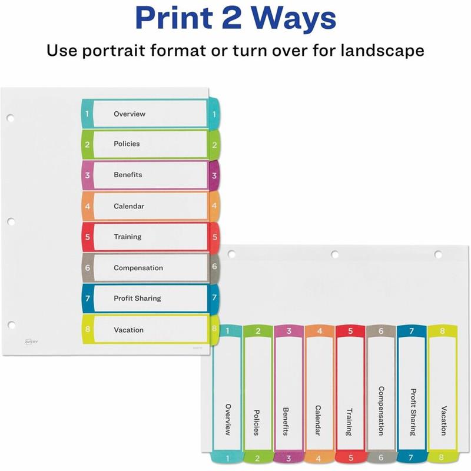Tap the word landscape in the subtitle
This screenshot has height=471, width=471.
point(382,50)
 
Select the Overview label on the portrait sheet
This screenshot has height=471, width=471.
point(130,114)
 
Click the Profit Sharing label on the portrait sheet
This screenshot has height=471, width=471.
point(137,298)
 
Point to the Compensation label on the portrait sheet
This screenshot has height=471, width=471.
point(138,268)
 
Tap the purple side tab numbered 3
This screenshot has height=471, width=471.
point(214,175)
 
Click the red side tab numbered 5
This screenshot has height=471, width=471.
point(214,237)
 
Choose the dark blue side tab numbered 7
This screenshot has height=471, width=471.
point(214,298)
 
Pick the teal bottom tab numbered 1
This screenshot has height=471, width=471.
point(227,458)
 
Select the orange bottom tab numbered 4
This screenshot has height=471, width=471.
point(319,458)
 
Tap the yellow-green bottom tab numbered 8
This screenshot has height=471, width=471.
point(441,457)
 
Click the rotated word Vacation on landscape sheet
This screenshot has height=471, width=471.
point(444,420)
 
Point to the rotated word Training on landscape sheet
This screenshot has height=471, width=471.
point(349,422)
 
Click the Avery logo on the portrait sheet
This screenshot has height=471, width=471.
point(31,341)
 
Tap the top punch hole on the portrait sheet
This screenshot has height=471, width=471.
point(10,118)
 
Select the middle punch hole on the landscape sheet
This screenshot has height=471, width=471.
point(334,254)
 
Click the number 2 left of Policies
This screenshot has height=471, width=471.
point(87,144)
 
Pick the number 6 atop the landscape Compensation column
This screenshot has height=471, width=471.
point(380,331)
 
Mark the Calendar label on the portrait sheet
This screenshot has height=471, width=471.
point(129,206)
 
